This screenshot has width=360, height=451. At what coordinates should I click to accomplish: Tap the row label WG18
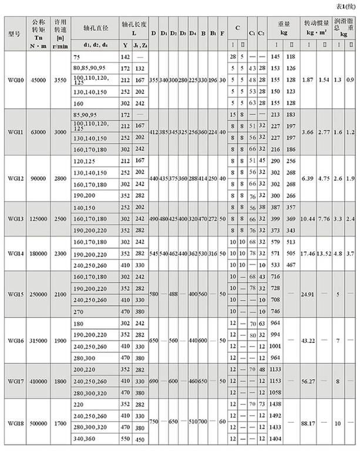pyautogui.click(x=16, y=422)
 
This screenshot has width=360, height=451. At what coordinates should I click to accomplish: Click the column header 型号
pyautogui.click(x=15, y=33)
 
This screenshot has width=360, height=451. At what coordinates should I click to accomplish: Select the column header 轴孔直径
pyautogui.click(x=95, y=26)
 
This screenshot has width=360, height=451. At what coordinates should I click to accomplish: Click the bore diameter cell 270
pyautogui.click(x=77, y=311)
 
